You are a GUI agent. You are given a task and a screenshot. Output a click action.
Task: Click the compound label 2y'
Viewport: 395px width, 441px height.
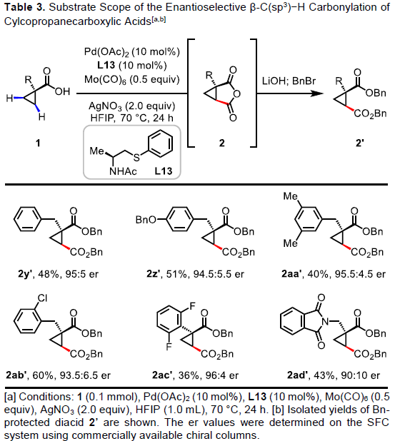[26, 273]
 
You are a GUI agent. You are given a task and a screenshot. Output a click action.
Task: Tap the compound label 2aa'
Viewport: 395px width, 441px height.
[291, 273]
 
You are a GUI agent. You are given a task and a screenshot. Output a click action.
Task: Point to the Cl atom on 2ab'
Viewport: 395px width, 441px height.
[43, 298]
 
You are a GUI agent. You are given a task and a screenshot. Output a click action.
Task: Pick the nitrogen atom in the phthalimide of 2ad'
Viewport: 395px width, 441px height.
[325, 321]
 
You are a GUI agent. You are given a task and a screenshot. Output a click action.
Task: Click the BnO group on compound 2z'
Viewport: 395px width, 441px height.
[146, 219]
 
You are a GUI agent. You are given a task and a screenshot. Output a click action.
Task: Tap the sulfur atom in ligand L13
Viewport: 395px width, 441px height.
[136, 157]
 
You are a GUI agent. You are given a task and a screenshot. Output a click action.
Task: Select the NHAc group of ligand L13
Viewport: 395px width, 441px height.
[123, 171]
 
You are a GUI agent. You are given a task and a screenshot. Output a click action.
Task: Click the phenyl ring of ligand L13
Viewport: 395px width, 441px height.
[160, 143]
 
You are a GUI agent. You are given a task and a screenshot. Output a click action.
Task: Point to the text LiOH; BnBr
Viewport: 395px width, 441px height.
[289, 81]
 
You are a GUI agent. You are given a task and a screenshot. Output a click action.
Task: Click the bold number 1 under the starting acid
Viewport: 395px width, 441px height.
[38, 143]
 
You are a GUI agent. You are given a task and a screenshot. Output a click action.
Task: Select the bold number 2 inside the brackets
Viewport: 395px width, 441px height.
[222, 143]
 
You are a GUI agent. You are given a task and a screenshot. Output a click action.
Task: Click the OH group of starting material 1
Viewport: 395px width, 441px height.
[62, 91]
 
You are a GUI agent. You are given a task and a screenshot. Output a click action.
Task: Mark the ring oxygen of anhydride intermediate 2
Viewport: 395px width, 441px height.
[236, 93]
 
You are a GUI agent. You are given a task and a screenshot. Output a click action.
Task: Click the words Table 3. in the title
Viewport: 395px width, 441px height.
[25, 8]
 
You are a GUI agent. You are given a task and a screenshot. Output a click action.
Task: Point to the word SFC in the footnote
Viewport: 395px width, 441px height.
[378, 422]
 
